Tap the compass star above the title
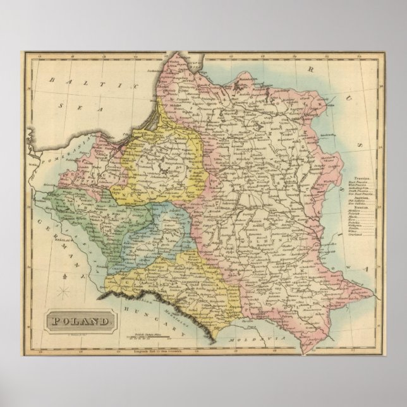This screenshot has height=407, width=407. click(66, 291)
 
